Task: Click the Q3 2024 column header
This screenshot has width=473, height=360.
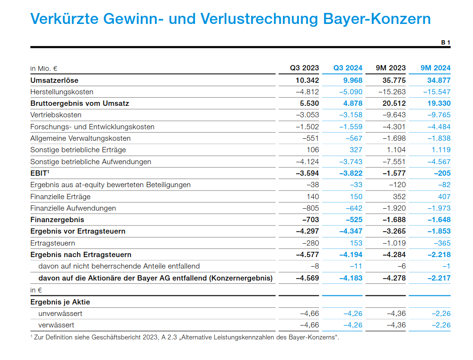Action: pos(348,68)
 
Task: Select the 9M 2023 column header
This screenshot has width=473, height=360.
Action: pos(391,68)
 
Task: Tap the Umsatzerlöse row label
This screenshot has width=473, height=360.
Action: pos(54,80)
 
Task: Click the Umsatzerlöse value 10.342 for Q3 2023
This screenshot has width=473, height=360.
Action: pos(307,80)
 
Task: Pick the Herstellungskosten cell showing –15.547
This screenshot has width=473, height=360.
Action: pos(437,91)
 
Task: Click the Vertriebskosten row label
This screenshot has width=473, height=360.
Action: pos(55,115)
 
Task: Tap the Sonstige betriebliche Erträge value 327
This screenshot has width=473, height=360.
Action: pos(356,150)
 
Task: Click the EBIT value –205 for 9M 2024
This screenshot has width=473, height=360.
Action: pos(442,173)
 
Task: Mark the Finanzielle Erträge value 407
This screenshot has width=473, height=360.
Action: pos(444,197)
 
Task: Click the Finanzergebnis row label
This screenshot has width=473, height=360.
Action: pos(57,220)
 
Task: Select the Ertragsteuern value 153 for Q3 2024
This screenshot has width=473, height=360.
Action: pos(356,243)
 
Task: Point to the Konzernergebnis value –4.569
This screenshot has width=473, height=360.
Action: pos(307,278)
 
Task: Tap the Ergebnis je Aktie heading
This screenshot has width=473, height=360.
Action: pos(60,302)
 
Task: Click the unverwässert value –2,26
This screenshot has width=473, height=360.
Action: pos(440,314)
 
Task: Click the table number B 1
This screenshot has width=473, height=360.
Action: pos(445,43)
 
